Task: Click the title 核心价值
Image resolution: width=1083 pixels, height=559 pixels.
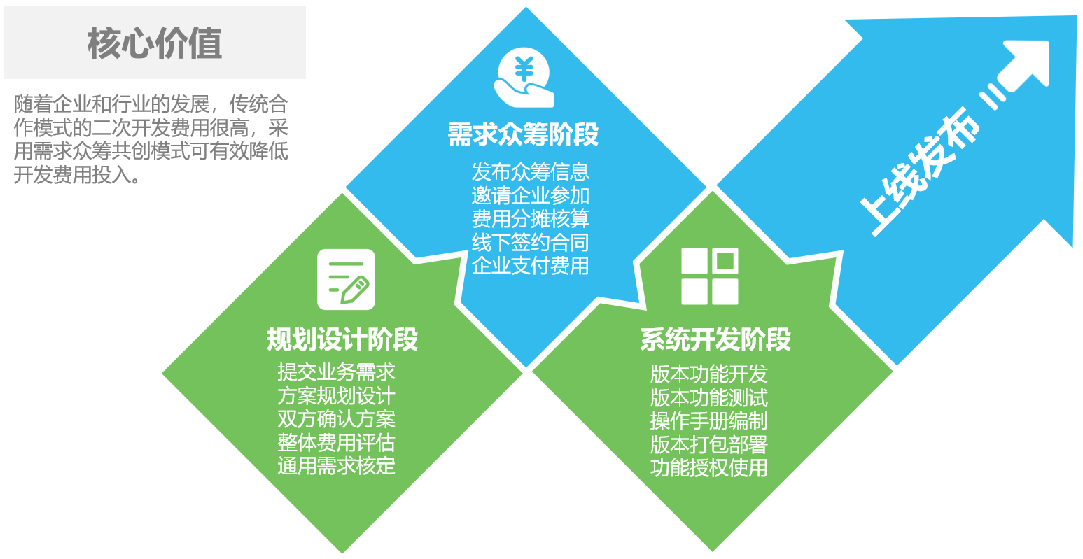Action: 155,43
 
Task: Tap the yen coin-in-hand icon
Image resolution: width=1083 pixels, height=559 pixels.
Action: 524,77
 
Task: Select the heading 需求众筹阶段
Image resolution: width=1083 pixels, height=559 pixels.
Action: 523,134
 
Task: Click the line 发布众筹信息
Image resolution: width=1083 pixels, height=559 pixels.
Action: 531,172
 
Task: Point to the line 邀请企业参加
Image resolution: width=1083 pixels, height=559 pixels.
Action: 531,196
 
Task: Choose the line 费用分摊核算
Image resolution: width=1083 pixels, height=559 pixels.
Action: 531,219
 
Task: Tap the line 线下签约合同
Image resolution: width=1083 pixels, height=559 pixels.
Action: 531,243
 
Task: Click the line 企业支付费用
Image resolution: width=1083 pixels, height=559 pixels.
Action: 531,266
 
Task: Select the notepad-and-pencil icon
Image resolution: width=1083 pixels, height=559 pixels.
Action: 346,279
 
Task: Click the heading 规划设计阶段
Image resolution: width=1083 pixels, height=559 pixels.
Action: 342,339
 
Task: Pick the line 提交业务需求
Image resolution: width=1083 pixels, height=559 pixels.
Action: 337,372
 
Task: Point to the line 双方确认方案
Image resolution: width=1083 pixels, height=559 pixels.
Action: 337,419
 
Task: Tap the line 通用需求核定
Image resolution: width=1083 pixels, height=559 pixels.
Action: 337,466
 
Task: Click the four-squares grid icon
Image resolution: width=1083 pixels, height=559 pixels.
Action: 710,276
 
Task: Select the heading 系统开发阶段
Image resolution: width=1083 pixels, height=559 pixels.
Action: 715,339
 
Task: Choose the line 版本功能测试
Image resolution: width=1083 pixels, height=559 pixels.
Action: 708,398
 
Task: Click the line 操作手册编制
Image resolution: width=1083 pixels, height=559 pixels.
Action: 708,421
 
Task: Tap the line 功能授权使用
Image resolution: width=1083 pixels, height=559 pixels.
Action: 708,468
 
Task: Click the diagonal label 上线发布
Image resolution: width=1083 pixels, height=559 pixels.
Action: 918,172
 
